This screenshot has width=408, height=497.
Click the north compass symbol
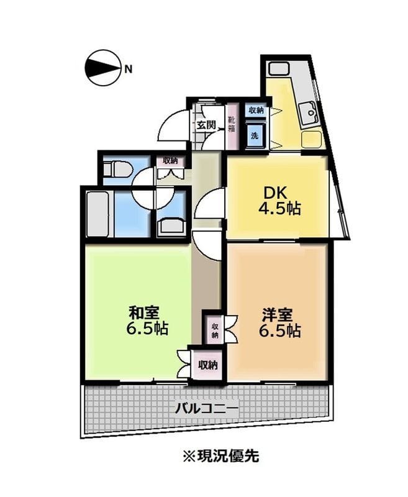point(102,68)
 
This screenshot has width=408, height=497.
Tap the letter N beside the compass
point(128,69)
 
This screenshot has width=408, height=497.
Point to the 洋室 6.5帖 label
point(280,322)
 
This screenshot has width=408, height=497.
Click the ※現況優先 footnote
point(220,456)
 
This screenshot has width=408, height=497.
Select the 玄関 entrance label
point(207,125)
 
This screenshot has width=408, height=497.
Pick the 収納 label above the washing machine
point(256,111)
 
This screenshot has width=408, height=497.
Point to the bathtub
point(99,214)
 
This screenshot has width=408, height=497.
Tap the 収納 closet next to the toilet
point(170,160)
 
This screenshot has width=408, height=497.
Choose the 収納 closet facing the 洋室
point(214,330)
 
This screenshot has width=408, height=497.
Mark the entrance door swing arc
point(173,126)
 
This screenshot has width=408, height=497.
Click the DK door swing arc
point(210,204)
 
